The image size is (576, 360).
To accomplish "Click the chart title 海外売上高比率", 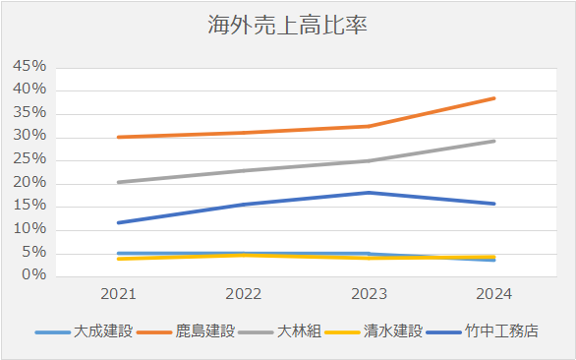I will click(287, 26).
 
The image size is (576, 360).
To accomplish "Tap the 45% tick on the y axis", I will click(29, 67).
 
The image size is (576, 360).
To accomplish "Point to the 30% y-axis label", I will click(29, 137).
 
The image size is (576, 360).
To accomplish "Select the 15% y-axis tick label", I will click(29, 207).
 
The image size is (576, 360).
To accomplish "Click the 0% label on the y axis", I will click(33, 275).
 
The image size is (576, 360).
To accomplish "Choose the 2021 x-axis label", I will click(119, 294).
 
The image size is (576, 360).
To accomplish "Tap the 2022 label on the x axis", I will click(243, 294).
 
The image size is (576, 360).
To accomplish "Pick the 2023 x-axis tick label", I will click(368, 294).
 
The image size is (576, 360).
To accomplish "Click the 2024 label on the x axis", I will click(493, 294).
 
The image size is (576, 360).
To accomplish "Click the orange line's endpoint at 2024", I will click(493, 98).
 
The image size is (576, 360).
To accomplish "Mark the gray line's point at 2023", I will click(368, 160).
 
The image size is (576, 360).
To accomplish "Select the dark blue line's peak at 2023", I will click(368, 193).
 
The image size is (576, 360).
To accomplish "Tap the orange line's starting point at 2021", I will click(119, 137).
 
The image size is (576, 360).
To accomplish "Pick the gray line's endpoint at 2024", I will click(493, 141).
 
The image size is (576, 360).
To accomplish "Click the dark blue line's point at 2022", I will click(243, 205).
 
